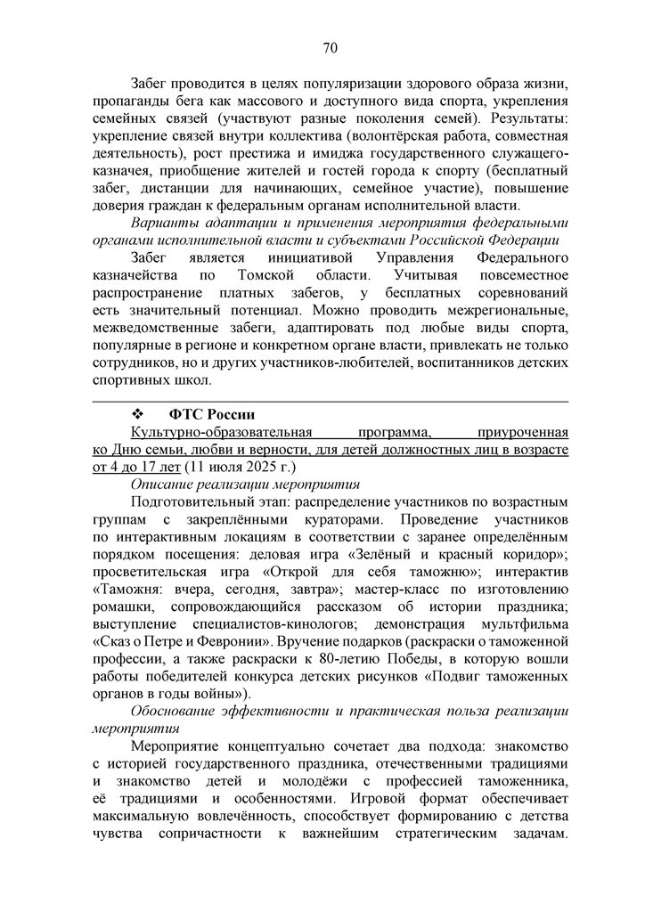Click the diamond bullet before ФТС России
(137, 415)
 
